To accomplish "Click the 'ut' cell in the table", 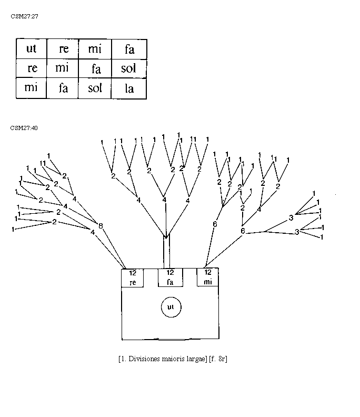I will click(31, 49).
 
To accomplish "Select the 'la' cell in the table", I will click(129, 88).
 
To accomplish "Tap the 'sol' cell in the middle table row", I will click(129, 69).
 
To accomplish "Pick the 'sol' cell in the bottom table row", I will click(95, 88).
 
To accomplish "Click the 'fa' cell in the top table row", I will click(129, 49).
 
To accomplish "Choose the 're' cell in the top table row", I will click(63, 49).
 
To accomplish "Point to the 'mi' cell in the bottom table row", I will click(31, 87).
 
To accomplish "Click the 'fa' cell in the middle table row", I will click(96, 69).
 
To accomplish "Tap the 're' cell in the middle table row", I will click(31, 68).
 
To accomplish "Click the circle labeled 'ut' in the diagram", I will click(170, 306).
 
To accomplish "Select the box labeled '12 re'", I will click(133, 277).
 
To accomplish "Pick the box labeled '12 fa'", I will click(170, 277).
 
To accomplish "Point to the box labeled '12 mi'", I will click(208, 277).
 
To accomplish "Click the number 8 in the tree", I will click(100, 226).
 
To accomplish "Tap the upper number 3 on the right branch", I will click(291, 217).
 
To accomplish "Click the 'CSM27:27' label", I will click(24, 16).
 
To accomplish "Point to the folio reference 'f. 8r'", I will click(218, 359).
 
